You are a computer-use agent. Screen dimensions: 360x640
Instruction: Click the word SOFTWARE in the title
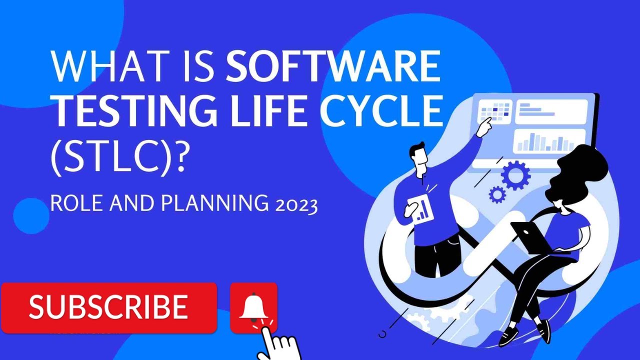[333, 66]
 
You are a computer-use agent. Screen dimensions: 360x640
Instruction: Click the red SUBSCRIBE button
[108, 307]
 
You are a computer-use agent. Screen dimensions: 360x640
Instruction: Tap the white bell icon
[253, 306]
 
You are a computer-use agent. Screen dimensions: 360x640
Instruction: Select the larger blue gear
[514, 174]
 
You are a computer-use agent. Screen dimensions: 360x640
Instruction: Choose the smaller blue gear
[496, 194]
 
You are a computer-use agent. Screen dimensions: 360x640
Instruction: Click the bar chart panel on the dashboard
[549, 141]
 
